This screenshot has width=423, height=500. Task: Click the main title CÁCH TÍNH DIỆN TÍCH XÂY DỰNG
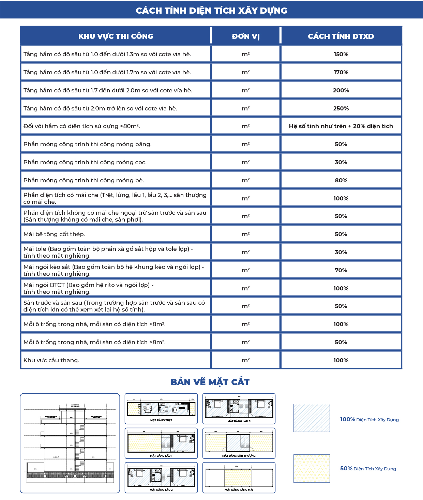tap(211, 10)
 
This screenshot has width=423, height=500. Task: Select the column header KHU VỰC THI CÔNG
tap(116, 36)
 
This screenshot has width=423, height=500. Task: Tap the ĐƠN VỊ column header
tap(246, 36)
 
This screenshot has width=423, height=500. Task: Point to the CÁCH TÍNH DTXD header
tap(341, 36)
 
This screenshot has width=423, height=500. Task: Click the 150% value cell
tap(341, 54)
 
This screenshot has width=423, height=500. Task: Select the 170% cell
tap(341, 72)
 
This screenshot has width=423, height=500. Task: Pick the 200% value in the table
tap(341, 90)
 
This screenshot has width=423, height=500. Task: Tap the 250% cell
tap(341, 108)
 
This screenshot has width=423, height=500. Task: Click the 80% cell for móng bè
tap(341, 180)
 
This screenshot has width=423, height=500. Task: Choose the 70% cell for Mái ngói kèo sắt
tap(341, 270)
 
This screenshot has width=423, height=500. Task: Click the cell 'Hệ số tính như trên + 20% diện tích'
tap(341, 126)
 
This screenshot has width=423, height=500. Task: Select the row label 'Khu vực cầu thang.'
tap(51, 360)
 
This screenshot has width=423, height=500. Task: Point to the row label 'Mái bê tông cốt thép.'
tap(54, 234)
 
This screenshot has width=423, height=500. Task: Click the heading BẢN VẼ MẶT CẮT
tap(210, 382)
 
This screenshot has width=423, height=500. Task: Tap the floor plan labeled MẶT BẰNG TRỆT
tap(161, 409)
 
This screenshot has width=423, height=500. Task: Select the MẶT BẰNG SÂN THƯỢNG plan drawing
tap(239, 443)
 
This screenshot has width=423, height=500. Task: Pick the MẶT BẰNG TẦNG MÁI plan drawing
tap(239, 478)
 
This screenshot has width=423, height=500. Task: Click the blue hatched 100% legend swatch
tap(312, 418)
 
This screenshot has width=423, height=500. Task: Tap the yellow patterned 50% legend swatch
tap(312, 468)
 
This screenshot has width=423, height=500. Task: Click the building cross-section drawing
tap(70, 443)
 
